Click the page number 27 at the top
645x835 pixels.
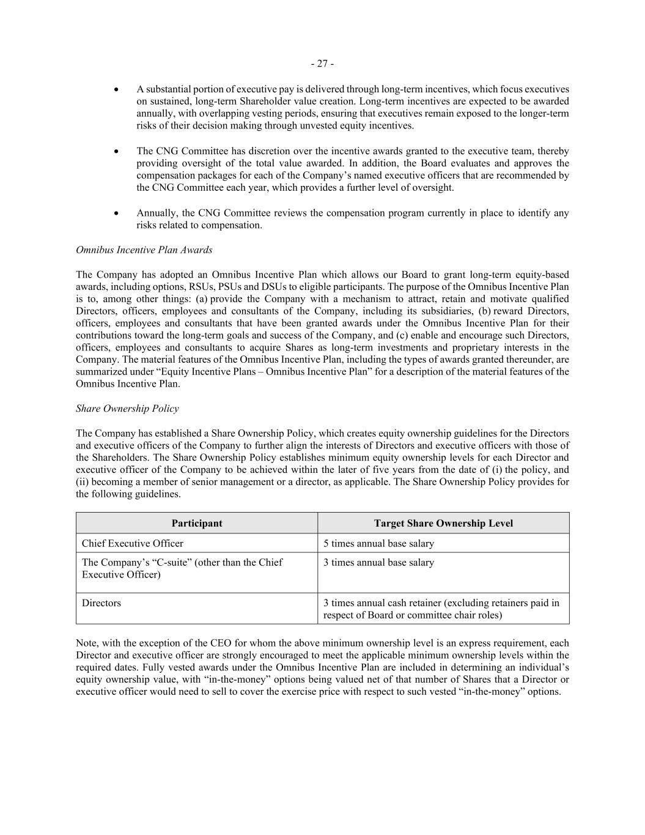pos(322,64)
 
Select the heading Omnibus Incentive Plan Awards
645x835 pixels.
pos(144,250)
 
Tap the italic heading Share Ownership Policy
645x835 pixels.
pos(127,408)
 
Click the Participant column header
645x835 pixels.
pos(197,523)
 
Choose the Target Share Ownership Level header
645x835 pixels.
pos(443,523)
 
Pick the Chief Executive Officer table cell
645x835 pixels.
pos(133,543)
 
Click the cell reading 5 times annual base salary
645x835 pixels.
pos(378,543)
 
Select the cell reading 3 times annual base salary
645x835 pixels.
pos(378,562)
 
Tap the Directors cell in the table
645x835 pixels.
pos(101,603)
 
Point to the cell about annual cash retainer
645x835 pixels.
pos(441,609)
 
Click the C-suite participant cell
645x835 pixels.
pos(182,568)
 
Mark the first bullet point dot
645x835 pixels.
pos(116,89)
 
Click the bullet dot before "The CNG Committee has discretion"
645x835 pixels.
pos(116,151)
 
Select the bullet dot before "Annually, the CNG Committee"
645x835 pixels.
pos(116,213)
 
